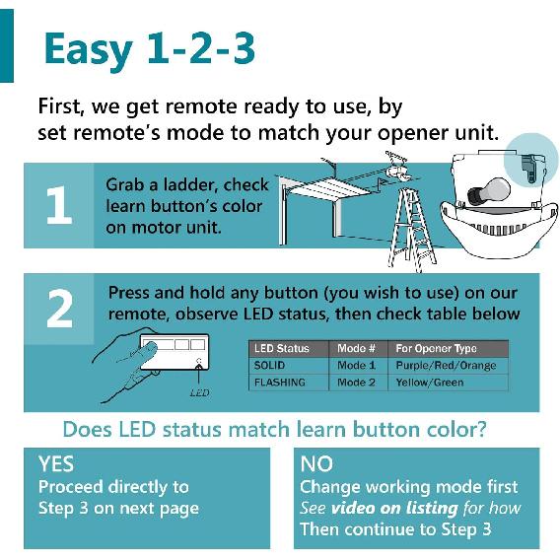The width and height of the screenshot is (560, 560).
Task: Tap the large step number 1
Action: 58,207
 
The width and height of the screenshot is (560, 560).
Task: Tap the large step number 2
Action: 58,309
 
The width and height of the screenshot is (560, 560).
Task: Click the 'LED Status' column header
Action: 281,348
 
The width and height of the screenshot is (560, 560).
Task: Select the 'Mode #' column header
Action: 356,348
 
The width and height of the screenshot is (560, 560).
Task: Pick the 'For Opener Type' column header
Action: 436,348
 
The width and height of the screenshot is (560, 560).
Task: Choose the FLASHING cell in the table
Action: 279,382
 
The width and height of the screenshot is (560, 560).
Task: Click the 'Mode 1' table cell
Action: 356,365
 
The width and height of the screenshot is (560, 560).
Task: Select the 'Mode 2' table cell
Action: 356,382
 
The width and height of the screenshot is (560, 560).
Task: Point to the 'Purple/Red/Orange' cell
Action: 446,365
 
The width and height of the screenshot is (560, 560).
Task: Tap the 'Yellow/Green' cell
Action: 430,382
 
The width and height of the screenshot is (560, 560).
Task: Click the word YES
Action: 55,463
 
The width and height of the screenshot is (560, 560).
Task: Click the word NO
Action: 315,463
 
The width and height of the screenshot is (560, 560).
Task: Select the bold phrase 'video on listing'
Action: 393,508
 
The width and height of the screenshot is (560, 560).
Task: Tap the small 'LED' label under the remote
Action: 198,392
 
